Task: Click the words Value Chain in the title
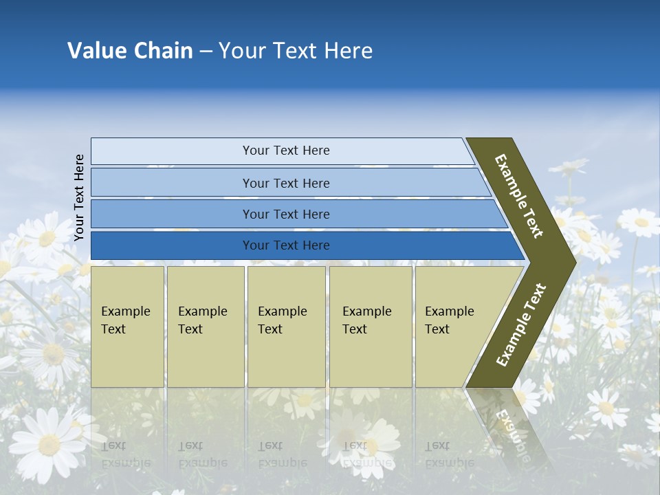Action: (130, 51)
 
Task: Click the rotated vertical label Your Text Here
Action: (79, 197)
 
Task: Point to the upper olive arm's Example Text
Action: (519, 196)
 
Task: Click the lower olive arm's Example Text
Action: (520, 325)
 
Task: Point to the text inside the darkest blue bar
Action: (286, 245)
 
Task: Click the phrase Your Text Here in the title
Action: (296, 51)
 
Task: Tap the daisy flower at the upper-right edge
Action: (639, 221)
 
